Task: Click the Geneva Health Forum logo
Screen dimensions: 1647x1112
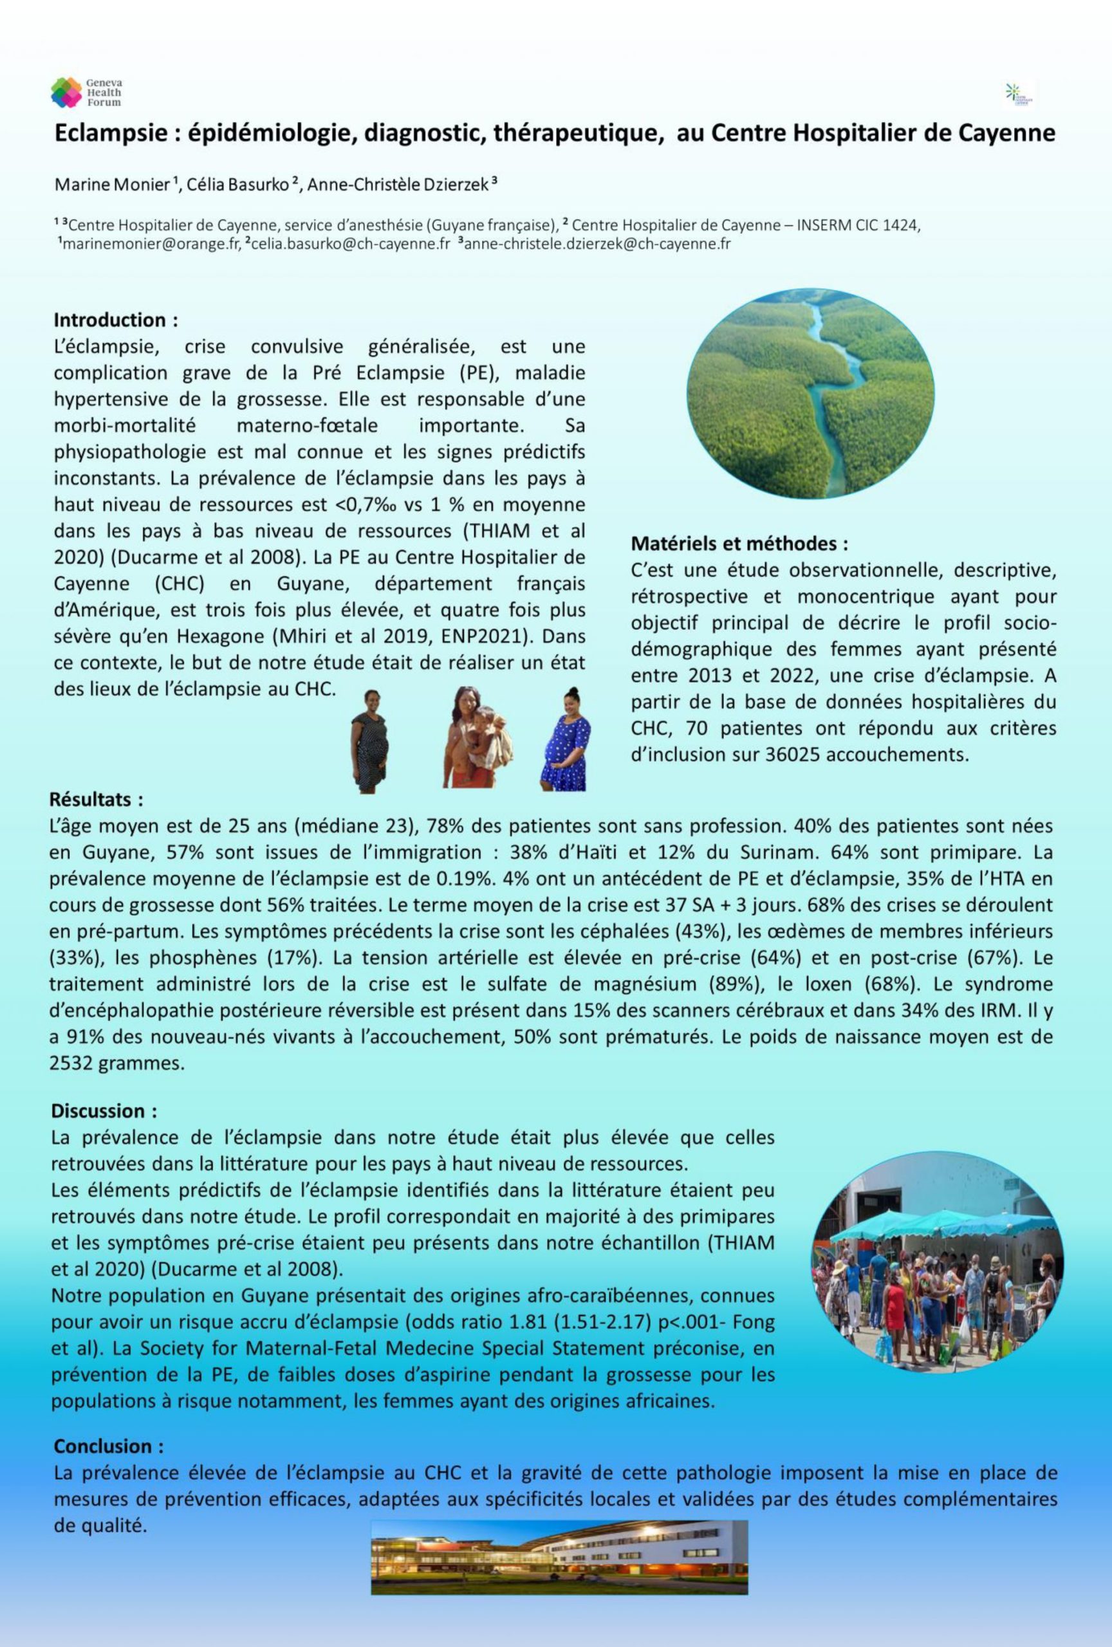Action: click(86, 92)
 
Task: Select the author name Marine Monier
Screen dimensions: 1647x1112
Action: click(112, 185)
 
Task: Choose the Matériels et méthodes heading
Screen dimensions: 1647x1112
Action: click(739, 544)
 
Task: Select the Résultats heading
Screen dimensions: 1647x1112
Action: click(97, 800)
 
